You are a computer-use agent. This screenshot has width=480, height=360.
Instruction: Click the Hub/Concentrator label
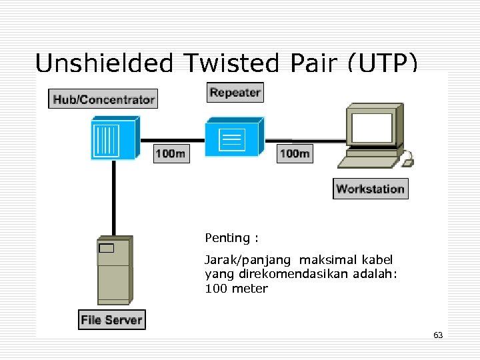(103, 99)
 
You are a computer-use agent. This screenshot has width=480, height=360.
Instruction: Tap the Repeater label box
(235, 93)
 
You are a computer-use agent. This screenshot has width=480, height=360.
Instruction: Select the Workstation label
(370, 189)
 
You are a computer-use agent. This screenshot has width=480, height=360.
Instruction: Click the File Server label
(111, 319)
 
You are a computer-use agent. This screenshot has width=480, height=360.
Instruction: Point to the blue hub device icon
(114, 137)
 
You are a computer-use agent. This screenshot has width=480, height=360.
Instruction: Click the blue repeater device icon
(233, 137)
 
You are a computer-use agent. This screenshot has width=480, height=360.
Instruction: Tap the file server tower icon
(114, 269)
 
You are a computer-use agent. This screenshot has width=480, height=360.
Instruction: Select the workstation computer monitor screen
(372, 127)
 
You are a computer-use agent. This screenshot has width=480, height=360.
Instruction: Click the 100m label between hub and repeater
(171, 153)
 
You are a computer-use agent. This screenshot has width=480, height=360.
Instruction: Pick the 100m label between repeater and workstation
(294, 153)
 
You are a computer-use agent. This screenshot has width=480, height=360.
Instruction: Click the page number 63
(438, 335)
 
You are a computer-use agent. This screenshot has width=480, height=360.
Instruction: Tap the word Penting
(227, 238)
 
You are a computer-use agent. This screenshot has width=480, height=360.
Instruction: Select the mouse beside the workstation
(407, 159)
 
